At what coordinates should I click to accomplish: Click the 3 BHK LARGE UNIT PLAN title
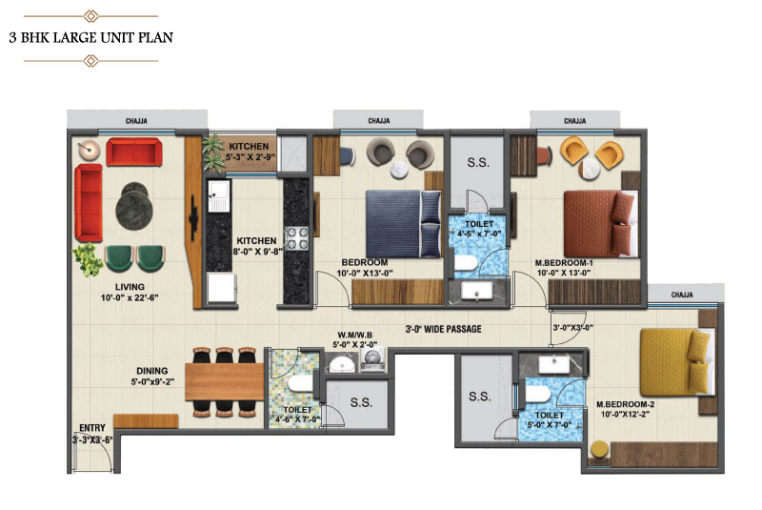click(x=90, y=37)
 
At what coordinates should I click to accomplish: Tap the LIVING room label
click(x=130, y=287)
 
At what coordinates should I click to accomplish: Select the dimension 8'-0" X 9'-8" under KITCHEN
click(x=257, y=251)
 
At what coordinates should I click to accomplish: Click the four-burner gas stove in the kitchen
click(x=296, y=238)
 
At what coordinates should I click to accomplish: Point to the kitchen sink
click(x=219, y=196)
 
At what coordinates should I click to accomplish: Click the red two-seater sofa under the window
click(x=133, y=153)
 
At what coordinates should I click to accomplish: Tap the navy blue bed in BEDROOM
click(x=403, y=224)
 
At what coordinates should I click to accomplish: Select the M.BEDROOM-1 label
click(x=564, y=263)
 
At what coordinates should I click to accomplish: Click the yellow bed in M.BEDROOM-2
click(x=678, y=362)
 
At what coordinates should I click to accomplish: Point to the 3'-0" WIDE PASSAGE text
click(x=443, y=329)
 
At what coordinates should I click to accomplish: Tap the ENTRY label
click(x=92, y=428)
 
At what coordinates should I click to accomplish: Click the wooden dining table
click(x=224, y=381)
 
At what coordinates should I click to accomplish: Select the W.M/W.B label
click(x=354, y=335)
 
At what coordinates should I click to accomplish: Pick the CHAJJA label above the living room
click(x=136, y=120)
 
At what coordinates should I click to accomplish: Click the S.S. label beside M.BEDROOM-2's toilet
click(x=480, y=397)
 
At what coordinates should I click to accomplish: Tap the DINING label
click(x=151, y=371)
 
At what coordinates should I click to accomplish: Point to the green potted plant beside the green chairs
click(x=88, y=259)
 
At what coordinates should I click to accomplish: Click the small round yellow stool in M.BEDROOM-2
click(x=600, y=449)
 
